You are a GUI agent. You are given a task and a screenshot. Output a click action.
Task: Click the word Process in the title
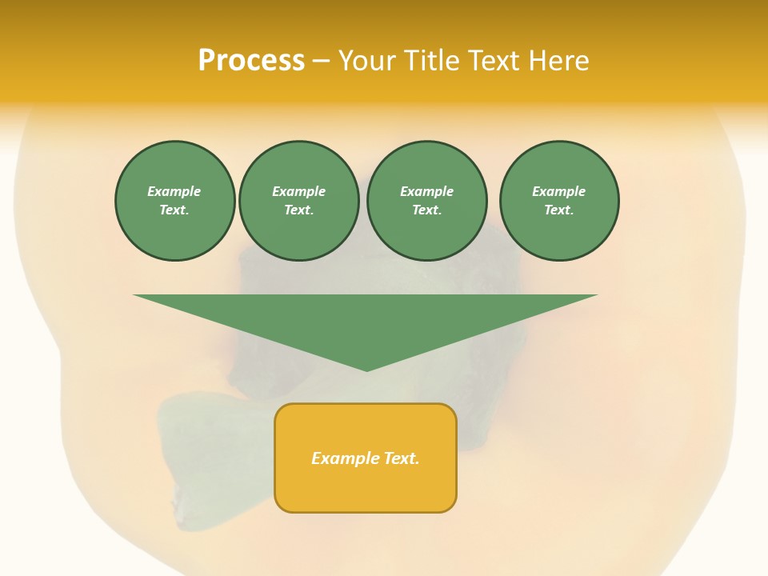(x=251, y=61)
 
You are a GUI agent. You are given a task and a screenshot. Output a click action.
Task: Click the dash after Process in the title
(x=322, y=62)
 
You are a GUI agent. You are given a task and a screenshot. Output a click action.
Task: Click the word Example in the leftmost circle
(x=174, y=191)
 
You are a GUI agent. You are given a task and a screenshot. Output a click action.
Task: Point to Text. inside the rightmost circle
(x=559, y=210)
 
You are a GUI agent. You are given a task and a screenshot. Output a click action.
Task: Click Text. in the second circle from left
(x=299, y=210)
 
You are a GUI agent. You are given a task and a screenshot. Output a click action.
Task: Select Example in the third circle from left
(x=427, y=191)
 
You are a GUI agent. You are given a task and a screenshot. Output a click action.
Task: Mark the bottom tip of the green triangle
(x=366, y=370)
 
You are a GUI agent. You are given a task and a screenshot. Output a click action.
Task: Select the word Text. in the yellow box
(x=401, y=458)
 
